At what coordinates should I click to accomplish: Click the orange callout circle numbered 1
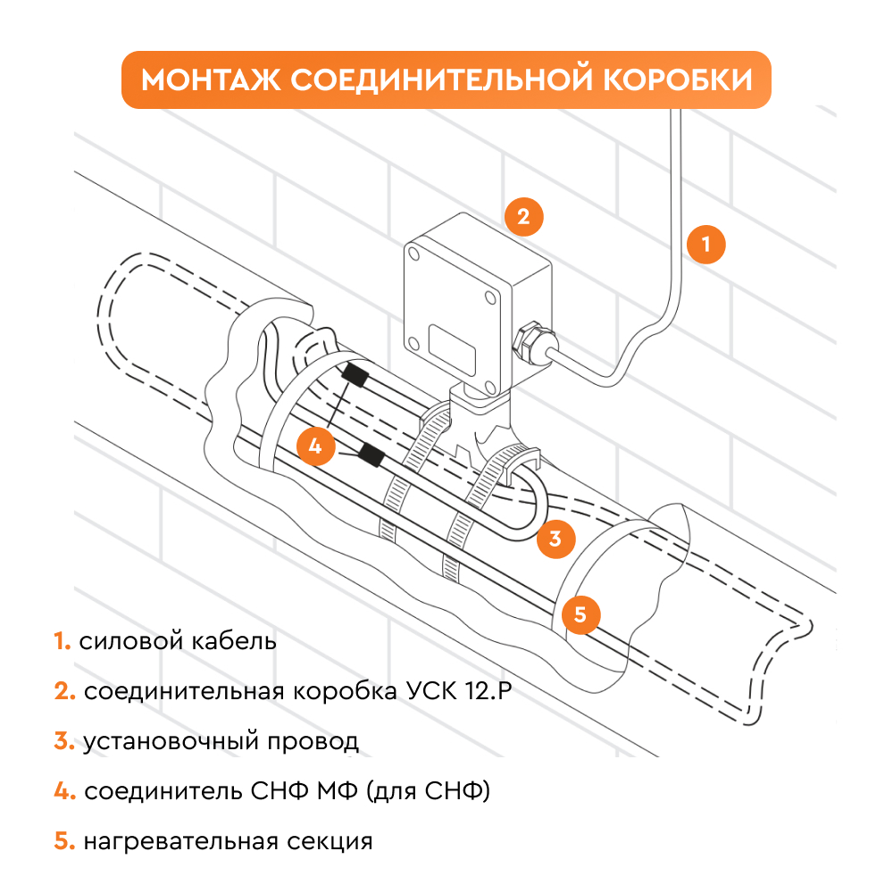click(x=706, y=245)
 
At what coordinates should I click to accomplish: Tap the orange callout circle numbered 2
click(x=523, y=215)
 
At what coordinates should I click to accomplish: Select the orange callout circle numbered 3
click(x=555, y=538)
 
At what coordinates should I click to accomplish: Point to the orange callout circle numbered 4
click(x=314, y=444)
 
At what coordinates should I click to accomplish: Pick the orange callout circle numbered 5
click(x=580, y=613)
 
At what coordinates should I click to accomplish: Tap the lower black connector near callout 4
click(x=370, y=457)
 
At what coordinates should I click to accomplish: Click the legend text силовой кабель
click(x=178, y=641)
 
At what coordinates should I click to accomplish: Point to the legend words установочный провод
click(x=221, y=741)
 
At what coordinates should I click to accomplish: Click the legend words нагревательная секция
click(x=227, y=841)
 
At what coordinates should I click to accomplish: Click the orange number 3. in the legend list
click(x=63, y=741)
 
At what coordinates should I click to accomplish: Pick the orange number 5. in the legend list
click(x=63, y=841)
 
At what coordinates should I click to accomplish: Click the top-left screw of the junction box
click(x=414, y=255)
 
